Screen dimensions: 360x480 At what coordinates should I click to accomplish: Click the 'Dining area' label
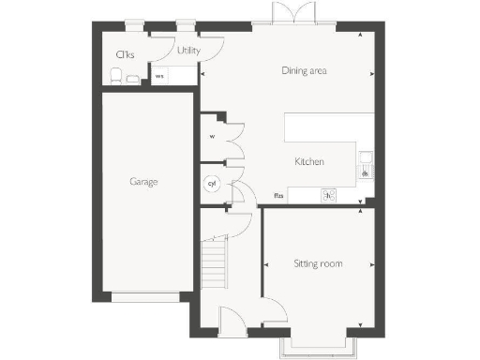(310, 70)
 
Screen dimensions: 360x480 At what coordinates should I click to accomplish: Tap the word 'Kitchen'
(308, 162)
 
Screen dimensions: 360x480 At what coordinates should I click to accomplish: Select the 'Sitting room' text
(318, 263)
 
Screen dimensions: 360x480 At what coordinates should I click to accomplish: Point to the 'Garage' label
(143, 181)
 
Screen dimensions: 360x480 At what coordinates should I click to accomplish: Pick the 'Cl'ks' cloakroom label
(123, 54)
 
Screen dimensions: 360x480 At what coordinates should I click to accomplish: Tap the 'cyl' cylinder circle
(212, 184)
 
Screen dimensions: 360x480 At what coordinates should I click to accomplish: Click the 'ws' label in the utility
(159, 76)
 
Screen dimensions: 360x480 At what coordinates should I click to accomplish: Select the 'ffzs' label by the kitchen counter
(278, 196)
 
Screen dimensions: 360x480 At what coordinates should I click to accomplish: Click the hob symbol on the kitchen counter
(328, 196)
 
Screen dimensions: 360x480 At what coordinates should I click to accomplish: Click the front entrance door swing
(230, 322)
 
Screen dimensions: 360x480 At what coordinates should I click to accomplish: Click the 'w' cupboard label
(213, 136)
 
